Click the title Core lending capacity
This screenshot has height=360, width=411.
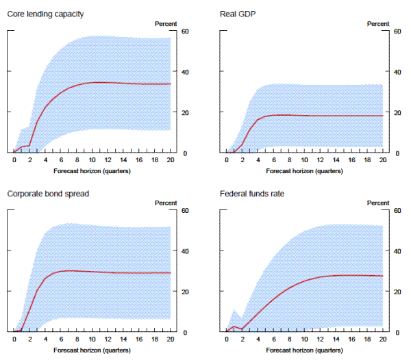point(45,14)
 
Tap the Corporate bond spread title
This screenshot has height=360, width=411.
point(48,194)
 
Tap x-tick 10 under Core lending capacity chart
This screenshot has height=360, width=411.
point(92,159)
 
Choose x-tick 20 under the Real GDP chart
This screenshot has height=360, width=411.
point(382,159)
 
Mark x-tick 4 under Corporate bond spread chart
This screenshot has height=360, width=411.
point(45,339)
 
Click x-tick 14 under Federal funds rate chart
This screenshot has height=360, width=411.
point(336,339)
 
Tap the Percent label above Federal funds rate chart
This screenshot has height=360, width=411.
point(378,203)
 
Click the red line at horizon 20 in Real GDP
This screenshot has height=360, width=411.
point(382,116)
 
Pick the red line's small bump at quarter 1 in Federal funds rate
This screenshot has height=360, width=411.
point(234,326)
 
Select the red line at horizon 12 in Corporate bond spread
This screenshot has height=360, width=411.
point(108,272)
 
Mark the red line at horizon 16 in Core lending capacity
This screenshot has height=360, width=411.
point(139,83)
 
